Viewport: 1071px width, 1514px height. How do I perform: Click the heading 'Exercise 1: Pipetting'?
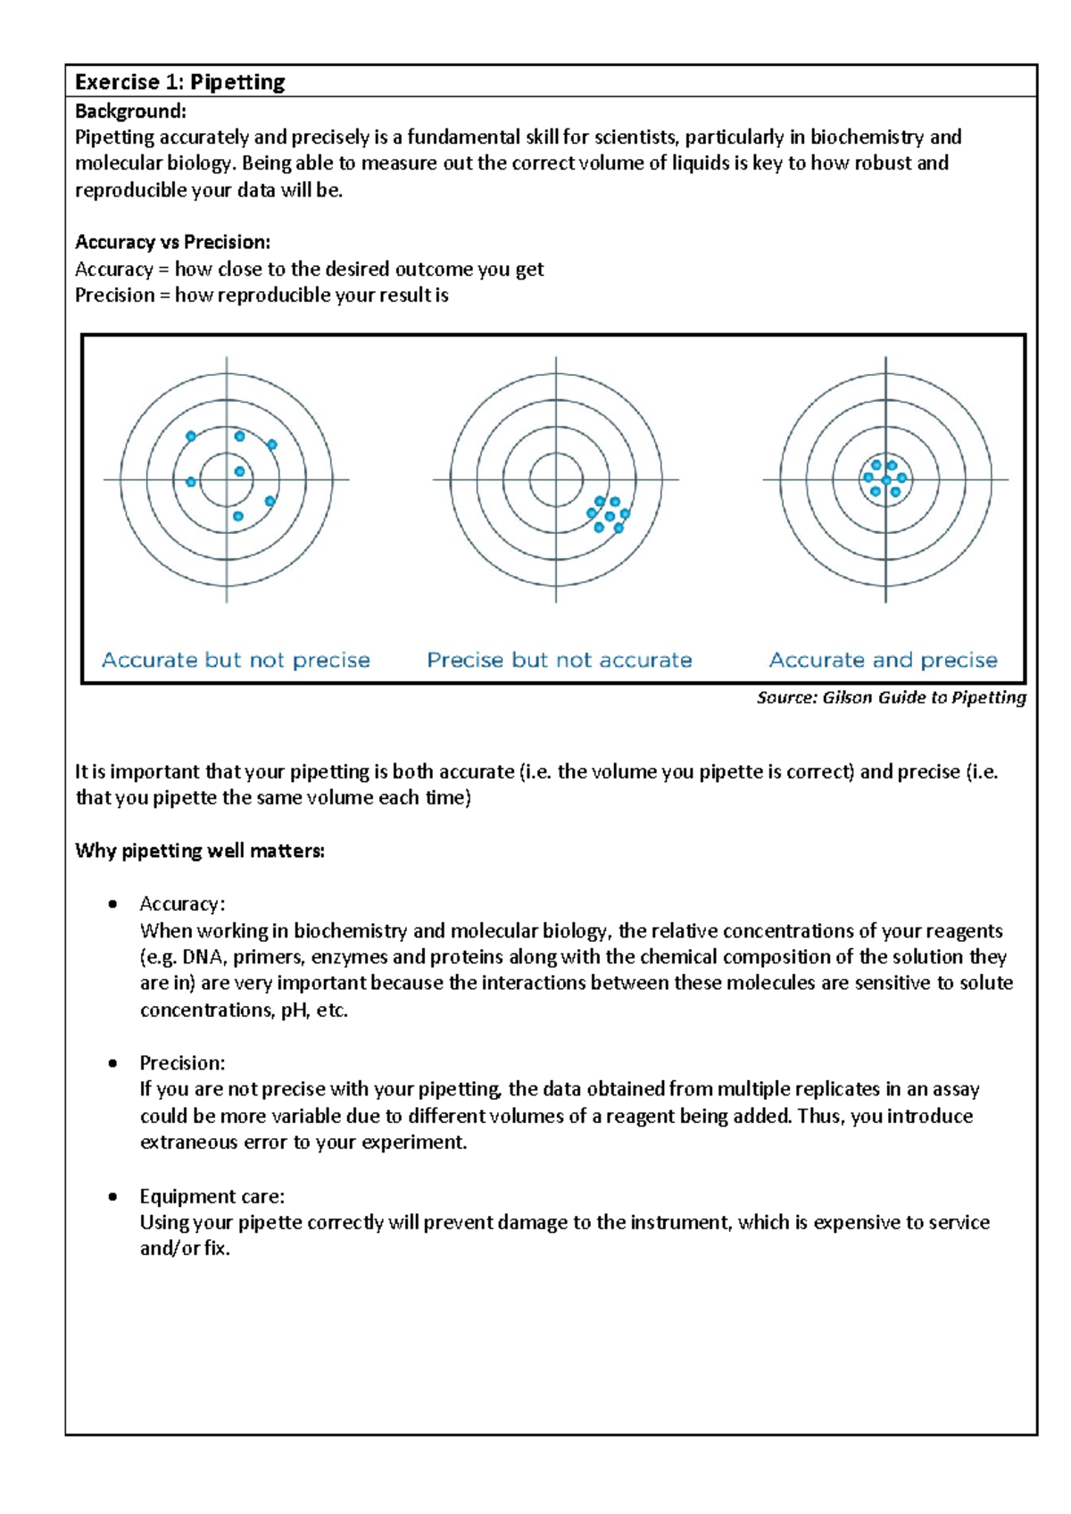(x=179, y=82)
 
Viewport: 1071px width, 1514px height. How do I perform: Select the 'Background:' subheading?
(x=130, y=111)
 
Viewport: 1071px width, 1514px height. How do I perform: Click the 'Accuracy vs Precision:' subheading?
(x=172, y=242)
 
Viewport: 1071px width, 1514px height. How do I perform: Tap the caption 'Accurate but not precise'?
(x=236, y=660)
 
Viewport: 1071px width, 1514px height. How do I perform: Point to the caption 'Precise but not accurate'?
(x=560, y=660)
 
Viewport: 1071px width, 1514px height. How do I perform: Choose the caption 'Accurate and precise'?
(x=884, y=660)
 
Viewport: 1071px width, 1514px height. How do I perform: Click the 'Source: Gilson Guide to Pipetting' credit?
(x=891, y=697)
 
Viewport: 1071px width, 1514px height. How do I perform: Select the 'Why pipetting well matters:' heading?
(x=200, y=851)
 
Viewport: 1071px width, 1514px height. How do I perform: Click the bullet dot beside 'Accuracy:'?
(x=112, y=904)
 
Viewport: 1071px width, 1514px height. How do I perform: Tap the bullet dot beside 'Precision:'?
(x=112, y=1063)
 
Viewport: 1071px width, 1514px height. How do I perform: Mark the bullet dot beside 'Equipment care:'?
(x=112, y=1196)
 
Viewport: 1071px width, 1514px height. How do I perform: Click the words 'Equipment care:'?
(x=212, y=1196)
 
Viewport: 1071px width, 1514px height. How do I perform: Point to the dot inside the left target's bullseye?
(x=239, y=471)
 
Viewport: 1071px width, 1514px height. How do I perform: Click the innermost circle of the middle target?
(x=556, y=479)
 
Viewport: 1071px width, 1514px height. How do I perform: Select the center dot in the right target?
(x=885, y=480)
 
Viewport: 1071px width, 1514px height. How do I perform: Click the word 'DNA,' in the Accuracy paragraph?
(x=204, y=957)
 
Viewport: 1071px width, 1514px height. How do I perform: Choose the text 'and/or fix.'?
(x=185, y=1249)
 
